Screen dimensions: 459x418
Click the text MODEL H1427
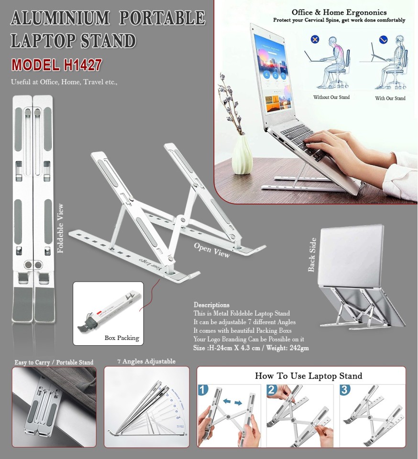(56, 65)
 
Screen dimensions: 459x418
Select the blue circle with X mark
(315, 39)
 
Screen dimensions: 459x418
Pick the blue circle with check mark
(384, 39)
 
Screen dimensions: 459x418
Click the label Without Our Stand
(331, 98)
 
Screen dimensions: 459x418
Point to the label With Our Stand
(390, 98)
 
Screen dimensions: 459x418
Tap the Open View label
(211, 250)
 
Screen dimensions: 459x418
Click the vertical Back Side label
(312, 254)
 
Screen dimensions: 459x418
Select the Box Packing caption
(121, 338)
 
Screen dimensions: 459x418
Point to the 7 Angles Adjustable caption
(146, 361)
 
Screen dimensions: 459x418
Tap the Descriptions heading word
(211, 305)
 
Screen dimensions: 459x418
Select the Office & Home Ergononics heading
(339, 12)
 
